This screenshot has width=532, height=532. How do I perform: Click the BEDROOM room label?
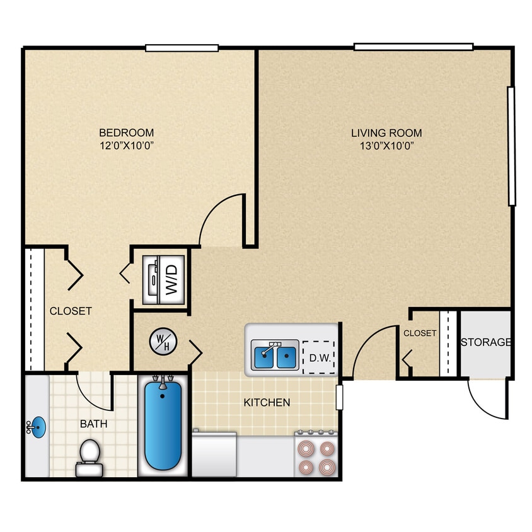pos(126,132)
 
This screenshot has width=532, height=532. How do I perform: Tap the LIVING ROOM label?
pos(386,133)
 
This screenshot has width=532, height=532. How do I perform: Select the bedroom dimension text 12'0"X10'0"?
pos(126,146)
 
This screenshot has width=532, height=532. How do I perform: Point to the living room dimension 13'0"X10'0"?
pos(386,146)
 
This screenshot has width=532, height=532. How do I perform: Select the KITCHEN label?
pos(267,402)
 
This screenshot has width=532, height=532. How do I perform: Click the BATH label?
pos(93,424)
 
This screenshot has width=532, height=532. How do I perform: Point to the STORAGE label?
pos(485,342)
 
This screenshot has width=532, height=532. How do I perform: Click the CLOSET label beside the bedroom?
pos(71,311)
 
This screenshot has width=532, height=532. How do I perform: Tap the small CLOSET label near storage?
pos(420,333)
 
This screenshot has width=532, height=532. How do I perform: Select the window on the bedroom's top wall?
pos(182,48)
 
